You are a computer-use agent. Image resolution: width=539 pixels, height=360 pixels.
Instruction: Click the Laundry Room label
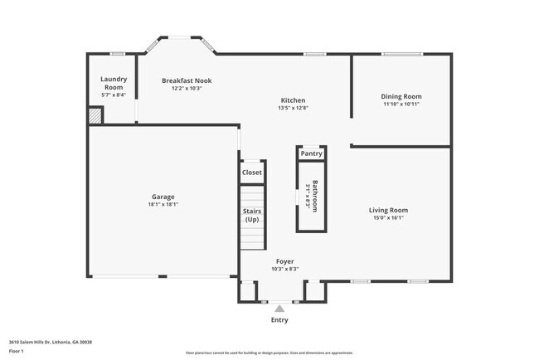(113, 83)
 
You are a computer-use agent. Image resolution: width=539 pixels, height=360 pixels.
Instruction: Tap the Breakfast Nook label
(187, 80)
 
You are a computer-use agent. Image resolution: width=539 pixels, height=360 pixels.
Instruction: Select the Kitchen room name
(293, 100)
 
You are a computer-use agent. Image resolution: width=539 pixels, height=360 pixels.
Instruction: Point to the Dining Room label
(401, 96)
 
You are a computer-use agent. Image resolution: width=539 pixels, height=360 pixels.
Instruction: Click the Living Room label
(388, 210)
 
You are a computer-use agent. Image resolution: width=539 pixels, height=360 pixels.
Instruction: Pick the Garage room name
(163, 197)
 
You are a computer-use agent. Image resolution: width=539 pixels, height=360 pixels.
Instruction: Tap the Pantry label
(311, 153)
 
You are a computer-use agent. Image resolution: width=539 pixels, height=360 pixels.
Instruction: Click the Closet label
(251, 173)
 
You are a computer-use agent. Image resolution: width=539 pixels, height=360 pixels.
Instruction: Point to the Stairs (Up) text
(251, 215)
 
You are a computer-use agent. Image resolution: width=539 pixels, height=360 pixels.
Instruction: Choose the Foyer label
(284, 261)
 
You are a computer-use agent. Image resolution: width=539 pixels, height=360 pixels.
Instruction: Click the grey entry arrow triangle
(279, 309)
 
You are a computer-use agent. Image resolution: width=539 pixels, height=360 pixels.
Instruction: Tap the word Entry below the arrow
(279, 320)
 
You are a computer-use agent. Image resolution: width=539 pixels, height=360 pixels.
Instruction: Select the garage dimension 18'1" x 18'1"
(163, 204)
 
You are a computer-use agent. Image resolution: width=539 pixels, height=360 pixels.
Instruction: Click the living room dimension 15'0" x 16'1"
(388, 218)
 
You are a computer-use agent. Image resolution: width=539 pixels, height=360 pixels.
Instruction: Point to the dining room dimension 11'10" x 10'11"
(401, 105)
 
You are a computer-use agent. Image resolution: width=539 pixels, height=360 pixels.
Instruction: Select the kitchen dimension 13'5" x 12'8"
(293, 108)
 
